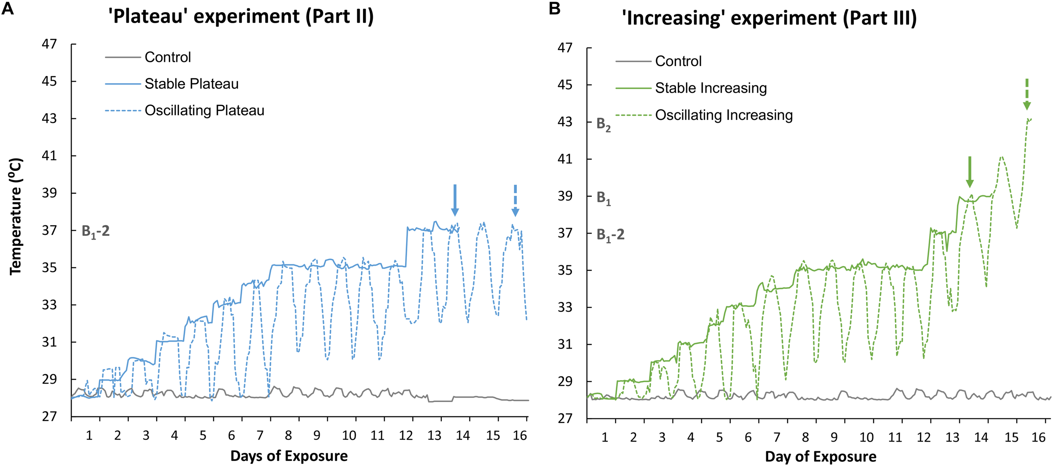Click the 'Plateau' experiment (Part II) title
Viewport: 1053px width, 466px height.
(241, 17)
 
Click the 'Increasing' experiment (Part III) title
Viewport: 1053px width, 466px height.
(769, 19)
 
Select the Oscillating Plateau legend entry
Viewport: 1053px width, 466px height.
(204, 111)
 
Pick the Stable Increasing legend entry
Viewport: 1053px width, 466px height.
(711, 88)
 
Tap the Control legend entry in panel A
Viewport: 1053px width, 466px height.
(168, 57)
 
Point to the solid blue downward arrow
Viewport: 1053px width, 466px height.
(454, 200)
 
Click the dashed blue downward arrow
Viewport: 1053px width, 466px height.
(515, 201)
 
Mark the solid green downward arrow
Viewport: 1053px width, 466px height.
(970, 172)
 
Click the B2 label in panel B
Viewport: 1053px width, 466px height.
(604, 125)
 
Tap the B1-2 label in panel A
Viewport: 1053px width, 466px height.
(96, 232)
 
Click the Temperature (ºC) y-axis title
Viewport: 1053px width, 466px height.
(16, 217)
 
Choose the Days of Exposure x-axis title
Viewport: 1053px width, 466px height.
(289, 456)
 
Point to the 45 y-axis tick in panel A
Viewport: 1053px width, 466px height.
(49, 81)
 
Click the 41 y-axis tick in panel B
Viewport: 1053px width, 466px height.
(565, 159)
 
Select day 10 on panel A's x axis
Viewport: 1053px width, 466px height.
(349, 435)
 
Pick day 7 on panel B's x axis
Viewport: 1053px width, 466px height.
(777, 437)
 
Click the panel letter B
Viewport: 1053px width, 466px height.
(554, 8)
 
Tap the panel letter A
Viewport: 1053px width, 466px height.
(8, 8)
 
